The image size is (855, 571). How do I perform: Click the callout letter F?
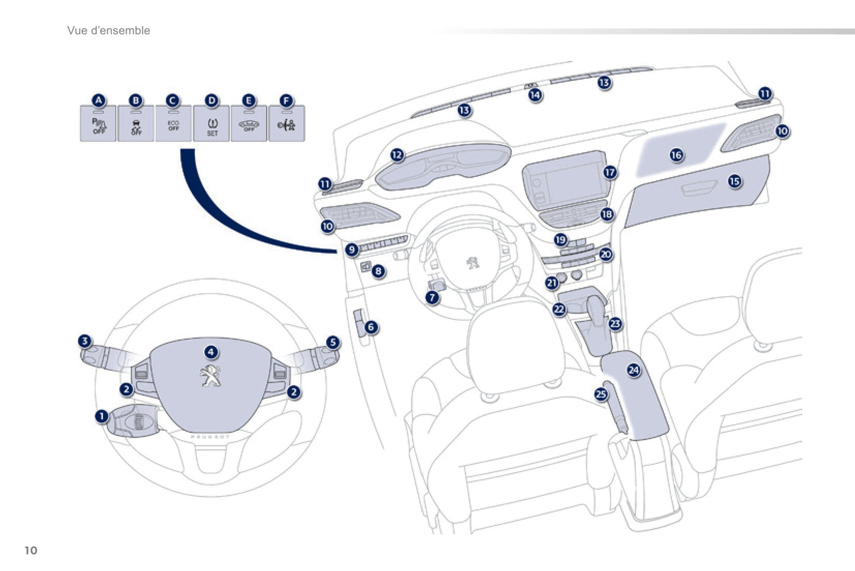(x=286, y=101)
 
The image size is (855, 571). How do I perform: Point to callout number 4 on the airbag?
(x=211, y=352)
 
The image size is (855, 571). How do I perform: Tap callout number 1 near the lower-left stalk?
(x=102, y=416)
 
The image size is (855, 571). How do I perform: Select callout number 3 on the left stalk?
(x=85, y=341)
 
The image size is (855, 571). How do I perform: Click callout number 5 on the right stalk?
(x=333, y=342)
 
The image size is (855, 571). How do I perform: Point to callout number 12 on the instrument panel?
(x=397, y=155)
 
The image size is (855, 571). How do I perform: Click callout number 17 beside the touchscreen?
(x=610, y=172)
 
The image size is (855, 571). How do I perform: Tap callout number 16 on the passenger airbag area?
(x=676, y=155)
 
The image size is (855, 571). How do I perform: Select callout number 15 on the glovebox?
(x=734, y=181)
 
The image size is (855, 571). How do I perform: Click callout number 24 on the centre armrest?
(x=634, y=370)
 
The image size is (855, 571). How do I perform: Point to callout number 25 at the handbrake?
(x=601, y=394)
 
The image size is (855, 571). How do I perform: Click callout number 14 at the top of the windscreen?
(x=535, y=95)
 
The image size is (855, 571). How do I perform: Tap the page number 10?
(x=31, y=550)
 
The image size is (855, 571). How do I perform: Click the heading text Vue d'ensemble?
(x=109, y=31)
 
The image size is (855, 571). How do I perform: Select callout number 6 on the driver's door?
(x=371, y=327)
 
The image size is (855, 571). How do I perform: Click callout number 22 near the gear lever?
(x=559, y=309)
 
